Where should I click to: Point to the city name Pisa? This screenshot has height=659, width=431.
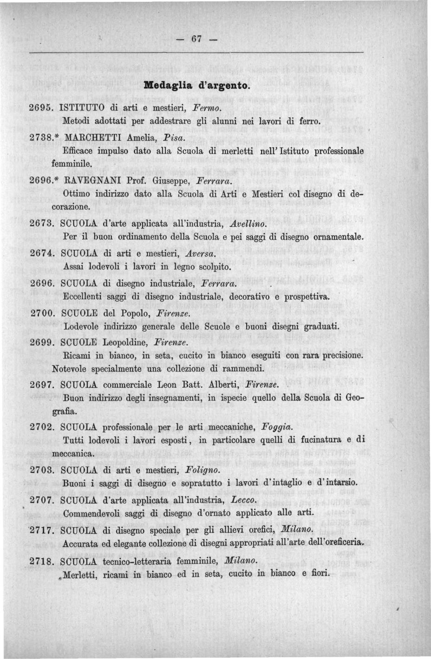point(163,138)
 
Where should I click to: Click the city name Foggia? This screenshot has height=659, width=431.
point(277,426)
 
